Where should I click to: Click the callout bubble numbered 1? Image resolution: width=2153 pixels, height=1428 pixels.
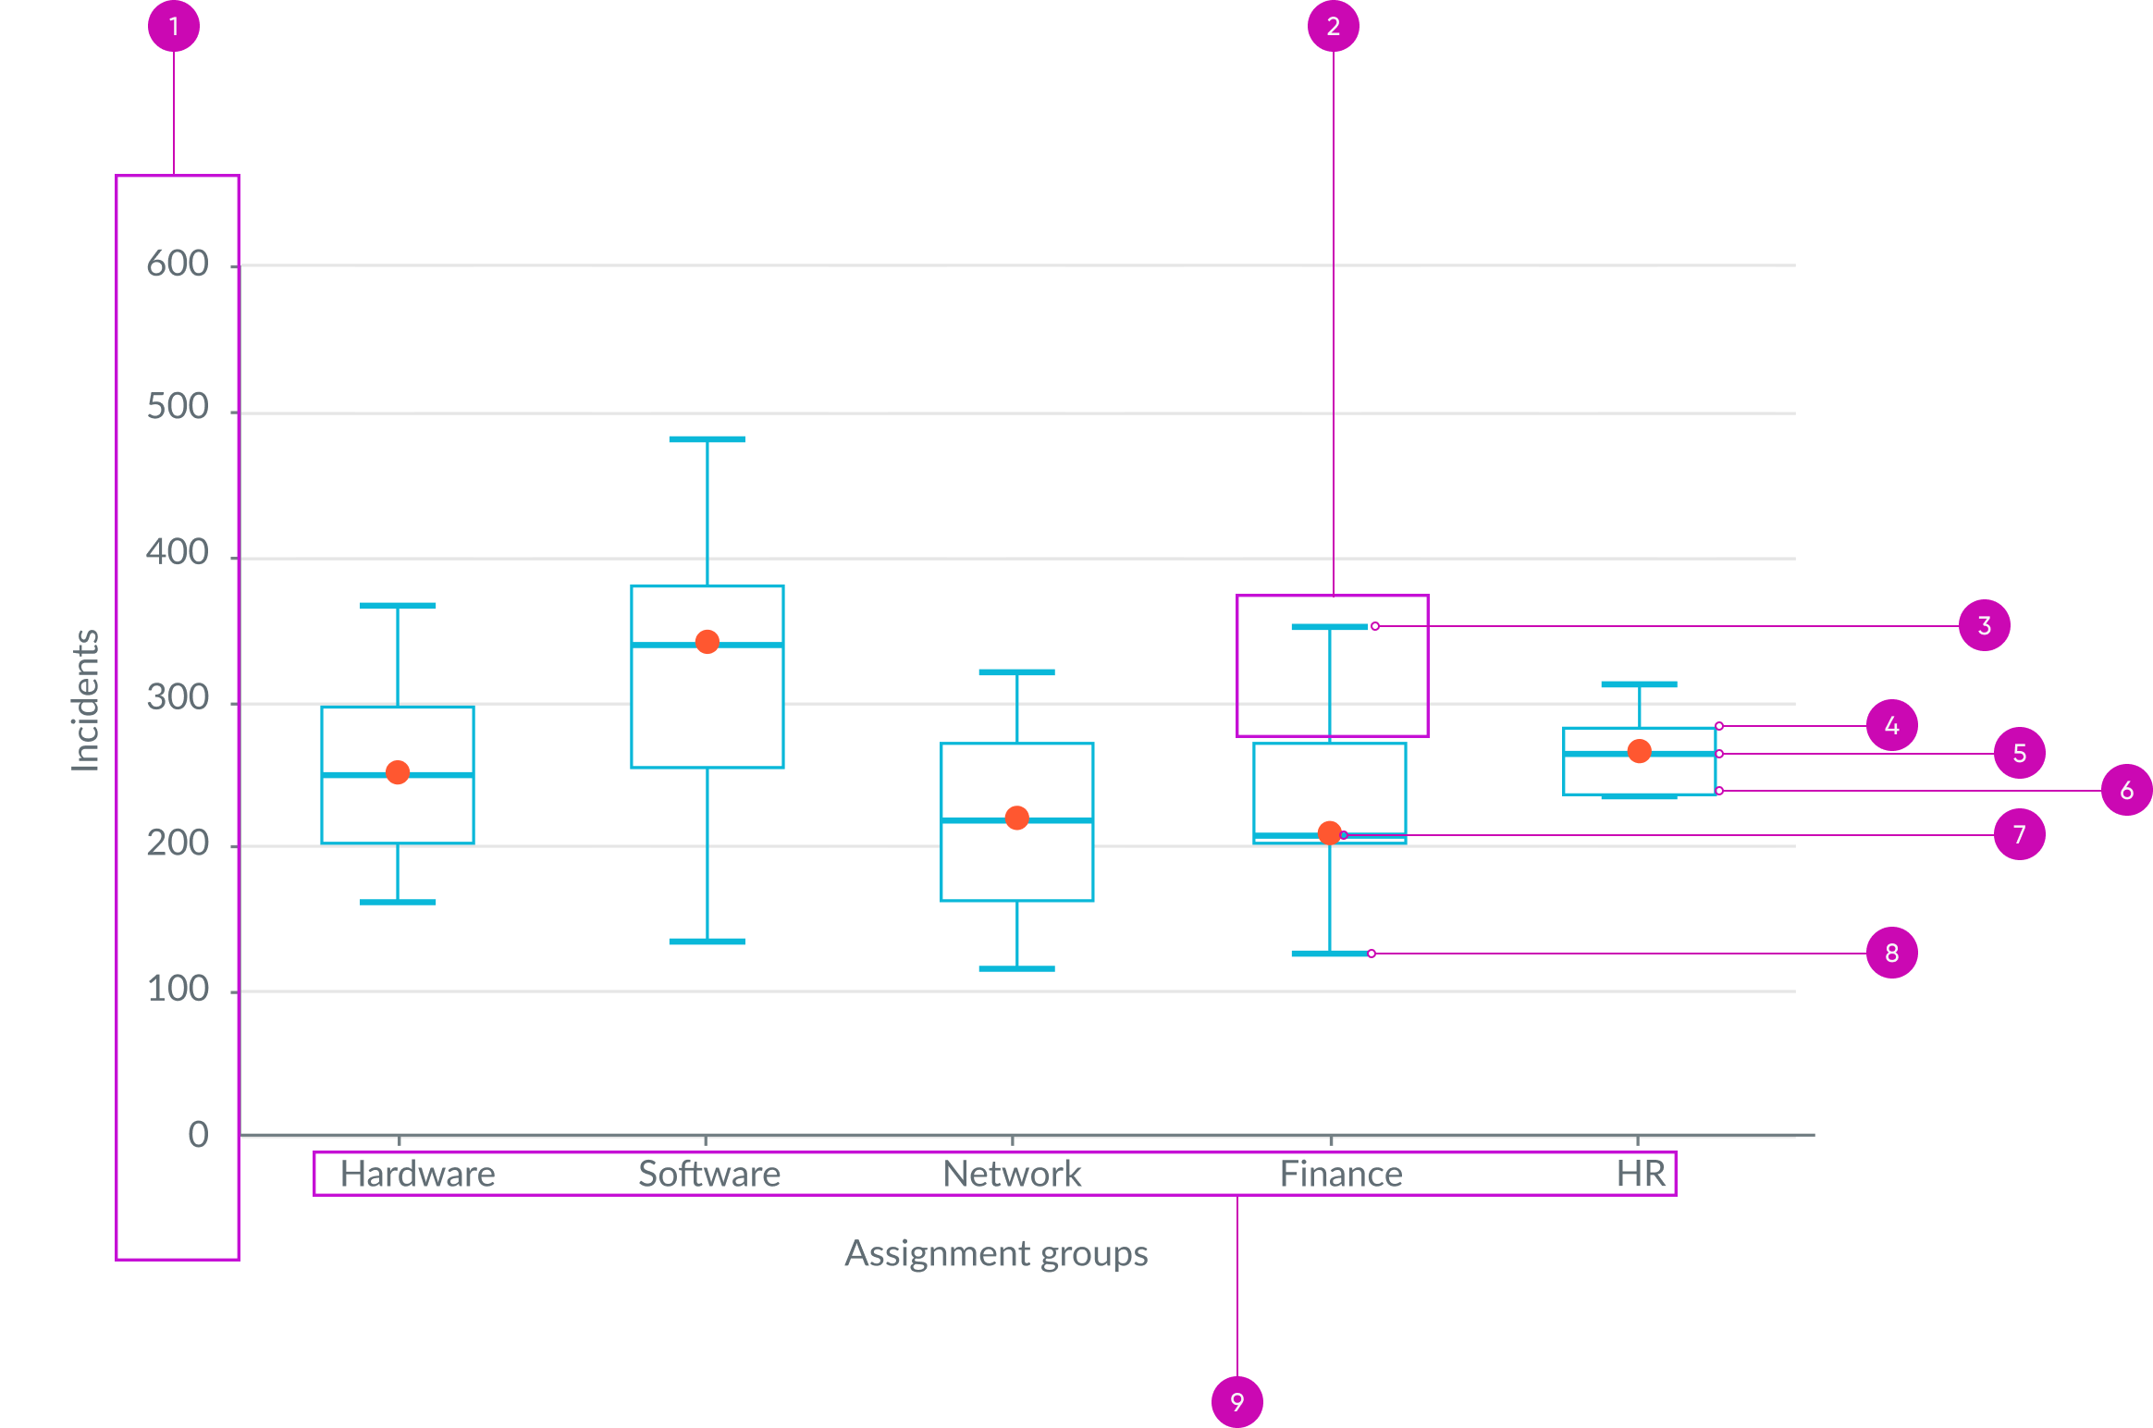point(174,26)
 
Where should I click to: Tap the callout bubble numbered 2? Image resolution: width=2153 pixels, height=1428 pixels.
point(1333,26)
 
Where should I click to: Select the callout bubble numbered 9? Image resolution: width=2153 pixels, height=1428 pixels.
point(1236,1401)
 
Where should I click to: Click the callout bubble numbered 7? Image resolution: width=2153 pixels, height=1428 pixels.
point(2019,834)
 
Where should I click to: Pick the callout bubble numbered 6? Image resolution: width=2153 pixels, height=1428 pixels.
point(2126,790)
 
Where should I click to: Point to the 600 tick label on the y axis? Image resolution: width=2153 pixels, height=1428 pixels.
point(178,265)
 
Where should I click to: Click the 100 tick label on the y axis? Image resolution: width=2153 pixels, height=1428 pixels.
point(178,990)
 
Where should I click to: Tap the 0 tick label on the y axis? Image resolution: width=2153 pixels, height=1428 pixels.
point(198,1135)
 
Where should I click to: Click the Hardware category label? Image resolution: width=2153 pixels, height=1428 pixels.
point(417,1174)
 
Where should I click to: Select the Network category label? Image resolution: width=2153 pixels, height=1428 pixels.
point(1012,1174)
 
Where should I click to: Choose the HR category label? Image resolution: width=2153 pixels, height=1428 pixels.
point(1641,1174)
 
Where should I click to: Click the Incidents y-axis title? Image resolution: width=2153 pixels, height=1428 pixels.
point(86,700)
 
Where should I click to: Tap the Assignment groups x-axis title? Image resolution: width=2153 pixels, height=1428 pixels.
point(996,1253)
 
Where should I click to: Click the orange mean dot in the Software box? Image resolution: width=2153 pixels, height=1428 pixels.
point(707,642)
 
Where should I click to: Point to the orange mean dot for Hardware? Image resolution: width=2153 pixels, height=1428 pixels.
point(398,772)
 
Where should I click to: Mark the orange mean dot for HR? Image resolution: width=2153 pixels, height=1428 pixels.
point(1639,751)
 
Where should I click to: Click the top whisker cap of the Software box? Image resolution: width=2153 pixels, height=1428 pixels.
point(707,439)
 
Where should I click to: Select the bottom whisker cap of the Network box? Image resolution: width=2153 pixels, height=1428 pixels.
point(1016,968)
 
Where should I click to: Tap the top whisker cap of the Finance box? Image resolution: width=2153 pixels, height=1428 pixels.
point(1328,627)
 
